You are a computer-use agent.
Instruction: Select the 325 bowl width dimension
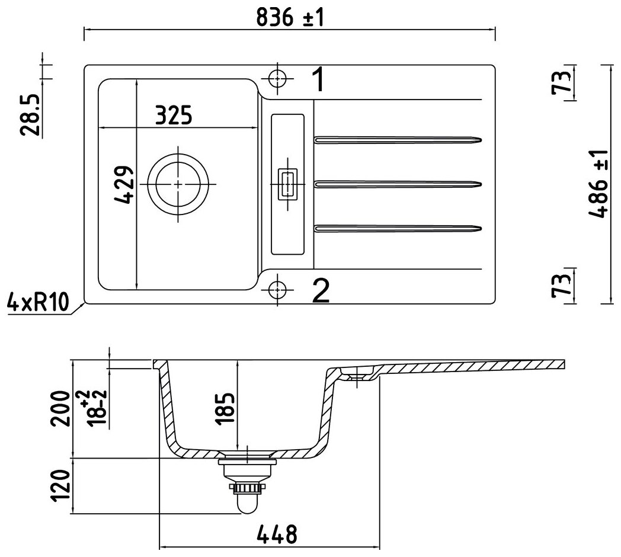click(174, 115)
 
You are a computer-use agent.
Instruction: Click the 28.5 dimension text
click(31, 114)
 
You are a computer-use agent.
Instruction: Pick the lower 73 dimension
click(563, 285)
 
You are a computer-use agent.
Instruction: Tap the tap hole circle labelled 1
click(277, 78)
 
